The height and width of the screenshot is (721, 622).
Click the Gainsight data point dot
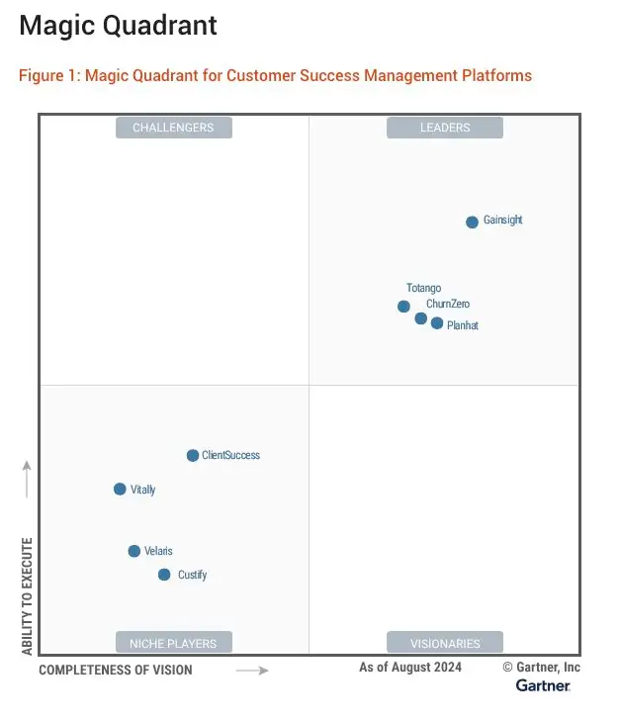[x=472, y=222]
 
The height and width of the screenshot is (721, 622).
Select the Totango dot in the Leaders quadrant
[x=403, y=307]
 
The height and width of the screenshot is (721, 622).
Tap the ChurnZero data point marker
[x=421, y=318]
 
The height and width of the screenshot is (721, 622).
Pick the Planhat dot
[x=437, y=323]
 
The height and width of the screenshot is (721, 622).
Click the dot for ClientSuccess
[x=193, y=456]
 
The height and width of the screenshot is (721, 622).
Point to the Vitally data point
[x=120, y=490]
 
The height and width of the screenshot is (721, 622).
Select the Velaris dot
[x=134, y=551]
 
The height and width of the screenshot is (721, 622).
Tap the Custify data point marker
[x=164, y=575]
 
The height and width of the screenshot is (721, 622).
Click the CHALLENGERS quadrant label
[x=173, y=128]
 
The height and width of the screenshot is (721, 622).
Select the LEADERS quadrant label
[x=444, y=128]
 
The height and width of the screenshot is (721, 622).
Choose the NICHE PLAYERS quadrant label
[x=173, y=644]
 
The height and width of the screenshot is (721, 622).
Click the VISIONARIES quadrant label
[x=444, y=644]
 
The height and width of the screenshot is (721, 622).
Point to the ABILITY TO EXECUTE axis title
[x=28, y=595]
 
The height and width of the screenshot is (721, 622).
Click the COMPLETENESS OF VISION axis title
[x=116, y=671]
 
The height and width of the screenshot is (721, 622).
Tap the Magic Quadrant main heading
[x=118, y=26]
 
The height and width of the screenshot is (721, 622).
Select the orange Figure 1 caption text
[x=275, y=75]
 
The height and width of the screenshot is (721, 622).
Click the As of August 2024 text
[x=410, y=668]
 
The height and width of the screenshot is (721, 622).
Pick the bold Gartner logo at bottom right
[x=542, y=685]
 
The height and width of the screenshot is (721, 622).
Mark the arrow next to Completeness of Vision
[x=252, y=671]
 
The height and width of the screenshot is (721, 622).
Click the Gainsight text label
[x=502, y=221]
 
